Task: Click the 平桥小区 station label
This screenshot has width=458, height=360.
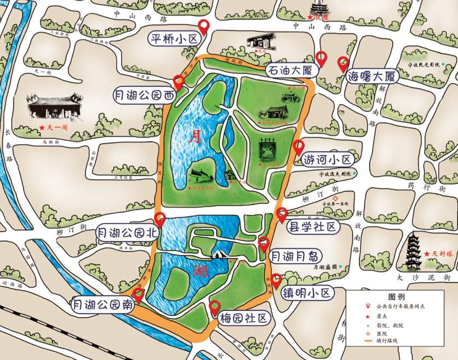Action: pyautogui.click(x=173, y=39)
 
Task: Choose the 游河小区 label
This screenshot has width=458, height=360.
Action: pyautogui.click(x=328, y=159)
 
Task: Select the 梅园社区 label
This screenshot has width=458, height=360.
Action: pyautogui.click(x=243, y=318)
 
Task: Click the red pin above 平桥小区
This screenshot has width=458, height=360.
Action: pyautogui.click(x=204, y=26)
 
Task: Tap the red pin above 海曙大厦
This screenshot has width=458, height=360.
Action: pyautogui.click(x=343, y=63)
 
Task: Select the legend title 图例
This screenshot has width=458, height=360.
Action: pyautogui.click(x=396, y=296)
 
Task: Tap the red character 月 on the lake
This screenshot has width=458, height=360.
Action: pyautogui.click(x=195, y=137)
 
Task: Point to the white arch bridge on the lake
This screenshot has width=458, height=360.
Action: pyautogui.click(x=218, y=254)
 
